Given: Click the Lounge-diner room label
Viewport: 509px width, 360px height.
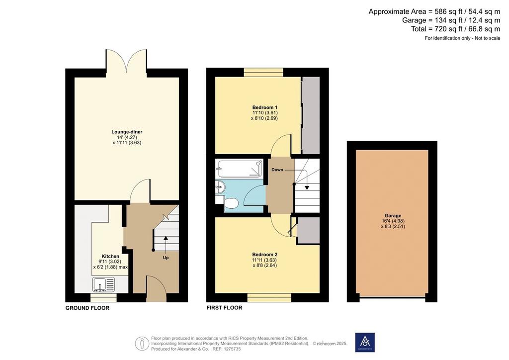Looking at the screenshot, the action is [127, 132].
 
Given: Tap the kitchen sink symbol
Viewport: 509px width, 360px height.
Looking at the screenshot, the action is [104, 285].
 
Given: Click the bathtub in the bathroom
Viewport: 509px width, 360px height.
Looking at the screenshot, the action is [240, 168].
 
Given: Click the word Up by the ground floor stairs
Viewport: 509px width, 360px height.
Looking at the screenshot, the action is [166, 258].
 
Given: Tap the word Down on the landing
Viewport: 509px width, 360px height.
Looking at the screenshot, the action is [277, 170].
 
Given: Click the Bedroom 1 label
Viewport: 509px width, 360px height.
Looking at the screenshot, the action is [265, 107].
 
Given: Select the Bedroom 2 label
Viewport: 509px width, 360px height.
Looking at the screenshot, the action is [265, 255].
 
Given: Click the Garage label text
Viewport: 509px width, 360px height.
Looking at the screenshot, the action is [393, 215].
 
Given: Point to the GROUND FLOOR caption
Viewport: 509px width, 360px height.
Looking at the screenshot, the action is [87, 308].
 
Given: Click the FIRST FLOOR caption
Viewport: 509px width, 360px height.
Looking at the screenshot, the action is [224, 308].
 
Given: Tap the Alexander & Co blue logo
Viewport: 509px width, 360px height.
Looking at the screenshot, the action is [365, 342].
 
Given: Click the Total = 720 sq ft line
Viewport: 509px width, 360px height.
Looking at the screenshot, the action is [455, 29].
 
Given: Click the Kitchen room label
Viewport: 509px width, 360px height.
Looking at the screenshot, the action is [110, 257].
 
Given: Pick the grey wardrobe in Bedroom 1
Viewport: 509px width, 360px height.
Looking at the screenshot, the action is [311, 115].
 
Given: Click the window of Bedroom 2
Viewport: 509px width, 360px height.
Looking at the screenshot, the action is [269, 297].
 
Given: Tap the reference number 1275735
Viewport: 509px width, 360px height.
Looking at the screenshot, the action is [232, 349].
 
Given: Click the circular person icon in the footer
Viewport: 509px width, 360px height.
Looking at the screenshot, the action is [142, 343].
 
